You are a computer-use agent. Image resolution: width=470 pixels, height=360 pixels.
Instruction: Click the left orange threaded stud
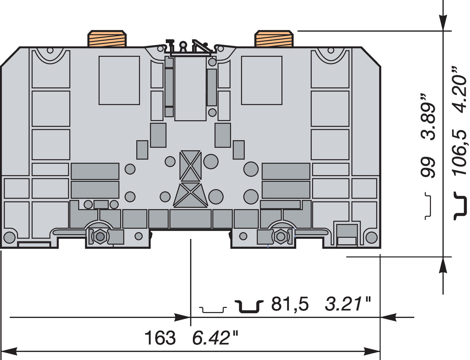pos(107,39)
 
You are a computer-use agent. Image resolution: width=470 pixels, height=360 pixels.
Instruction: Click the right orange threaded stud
pos(274,39)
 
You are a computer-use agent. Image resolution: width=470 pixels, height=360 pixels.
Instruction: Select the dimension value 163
pos(160,338)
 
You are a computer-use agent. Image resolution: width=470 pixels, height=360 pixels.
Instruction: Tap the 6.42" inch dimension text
pos(215,338)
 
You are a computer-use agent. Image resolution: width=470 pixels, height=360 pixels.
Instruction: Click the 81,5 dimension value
pos(290,304)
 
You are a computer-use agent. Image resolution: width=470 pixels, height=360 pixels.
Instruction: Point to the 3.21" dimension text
pos(347,304)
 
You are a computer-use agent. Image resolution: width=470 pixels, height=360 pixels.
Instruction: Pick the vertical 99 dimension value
pos(428,167)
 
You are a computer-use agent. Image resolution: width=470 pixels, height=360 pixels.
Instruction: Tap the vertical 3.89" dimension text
pos(428,116)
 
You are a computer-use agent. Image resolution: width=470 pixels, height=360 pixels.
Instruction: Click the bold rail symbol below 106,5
pos(460,206)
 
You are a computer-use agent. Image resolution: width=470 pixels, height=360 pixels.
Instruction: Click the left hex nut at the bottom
pos(100,236)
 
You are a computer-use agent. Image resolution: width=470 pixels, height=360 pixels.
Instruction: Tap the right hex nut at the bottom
pos(280,236)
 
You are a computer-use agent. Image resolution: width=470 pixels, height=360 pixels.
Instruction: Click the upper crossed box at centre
pos(190,165)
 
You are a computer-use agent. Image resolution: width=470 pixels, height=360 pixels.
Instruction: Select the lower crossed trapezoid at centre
pos(190,195)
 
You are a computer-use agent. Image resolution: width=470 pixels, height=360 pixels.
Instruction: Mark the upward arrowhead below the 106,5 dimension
pos(443,265)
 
